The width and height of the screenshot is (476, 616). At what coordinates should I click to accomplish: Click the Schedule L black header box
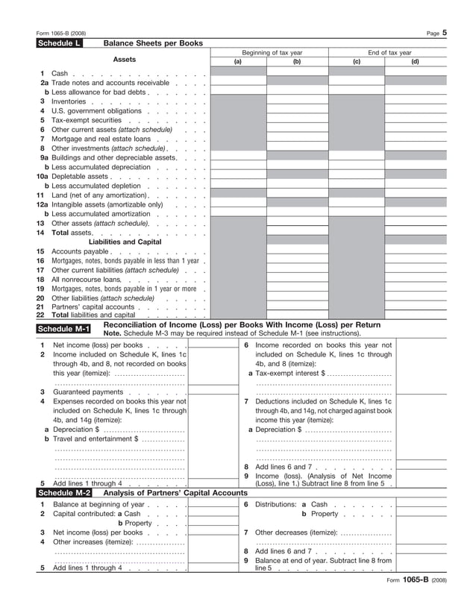pos(59,44)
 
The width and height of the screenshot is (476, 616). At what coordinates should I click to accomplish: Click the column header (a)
pos(238,62)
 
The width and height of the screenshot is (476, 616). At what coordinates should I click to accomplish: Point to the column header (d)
pos(415,62)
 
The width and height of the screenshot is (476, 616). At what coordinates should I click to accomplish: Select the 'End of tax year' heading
pos(389,53)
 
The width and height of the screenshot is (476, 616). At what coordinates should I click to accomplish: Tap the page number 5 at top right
pos(444,33)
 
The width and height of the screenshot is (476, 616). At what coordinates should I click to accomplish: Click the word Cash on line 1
pos(60,73)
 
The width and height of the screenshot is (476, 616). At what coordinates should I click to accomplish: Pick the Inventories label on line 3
pos(69,101)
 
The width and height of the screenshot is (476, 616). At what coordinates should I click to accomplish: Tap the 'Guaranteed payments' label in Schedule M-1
pos(87,392)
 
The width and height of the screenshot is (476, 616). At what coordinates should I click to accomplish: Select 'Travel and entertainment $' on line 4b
pos(95,439)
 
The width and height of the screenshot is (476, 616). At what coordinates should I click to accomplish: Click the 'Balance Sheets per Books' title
pos(153,44)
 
